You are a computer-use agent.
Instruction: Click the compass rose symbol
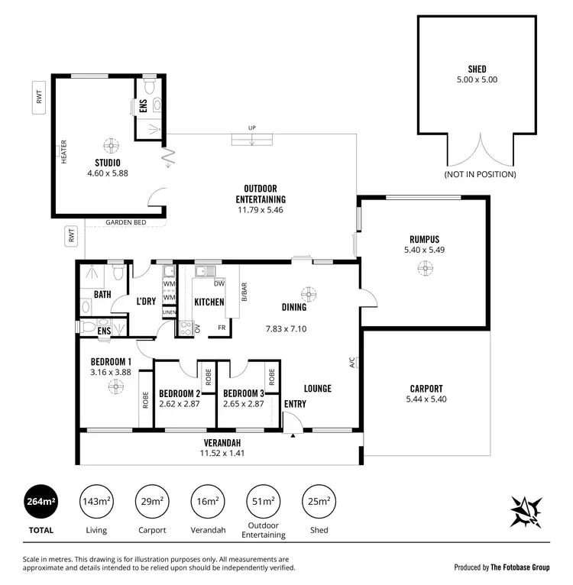[x=526, y=510]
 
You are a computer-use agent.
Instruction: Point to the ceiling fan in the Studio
[x=112, y=144]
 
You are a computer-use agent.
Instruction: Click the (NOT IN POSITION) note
[x=480, y=174]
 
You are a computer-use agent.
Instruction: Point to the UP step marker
[x=251, y=128]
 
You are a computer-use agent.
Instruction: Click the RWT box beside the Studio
[x=39, y=98]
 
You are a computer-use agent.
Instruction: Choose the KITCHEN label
[x=209, y=302]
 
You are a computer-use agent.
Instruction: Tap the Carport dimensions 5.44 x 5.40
[x=426, y=399]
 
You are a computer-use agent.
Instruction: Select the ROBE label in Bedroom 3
[x=272, y=377]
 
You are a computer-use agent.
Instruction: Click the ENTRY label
[x=295, y=403]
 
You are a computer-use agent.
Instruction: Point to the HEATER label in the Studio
[x=64, y=151]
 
